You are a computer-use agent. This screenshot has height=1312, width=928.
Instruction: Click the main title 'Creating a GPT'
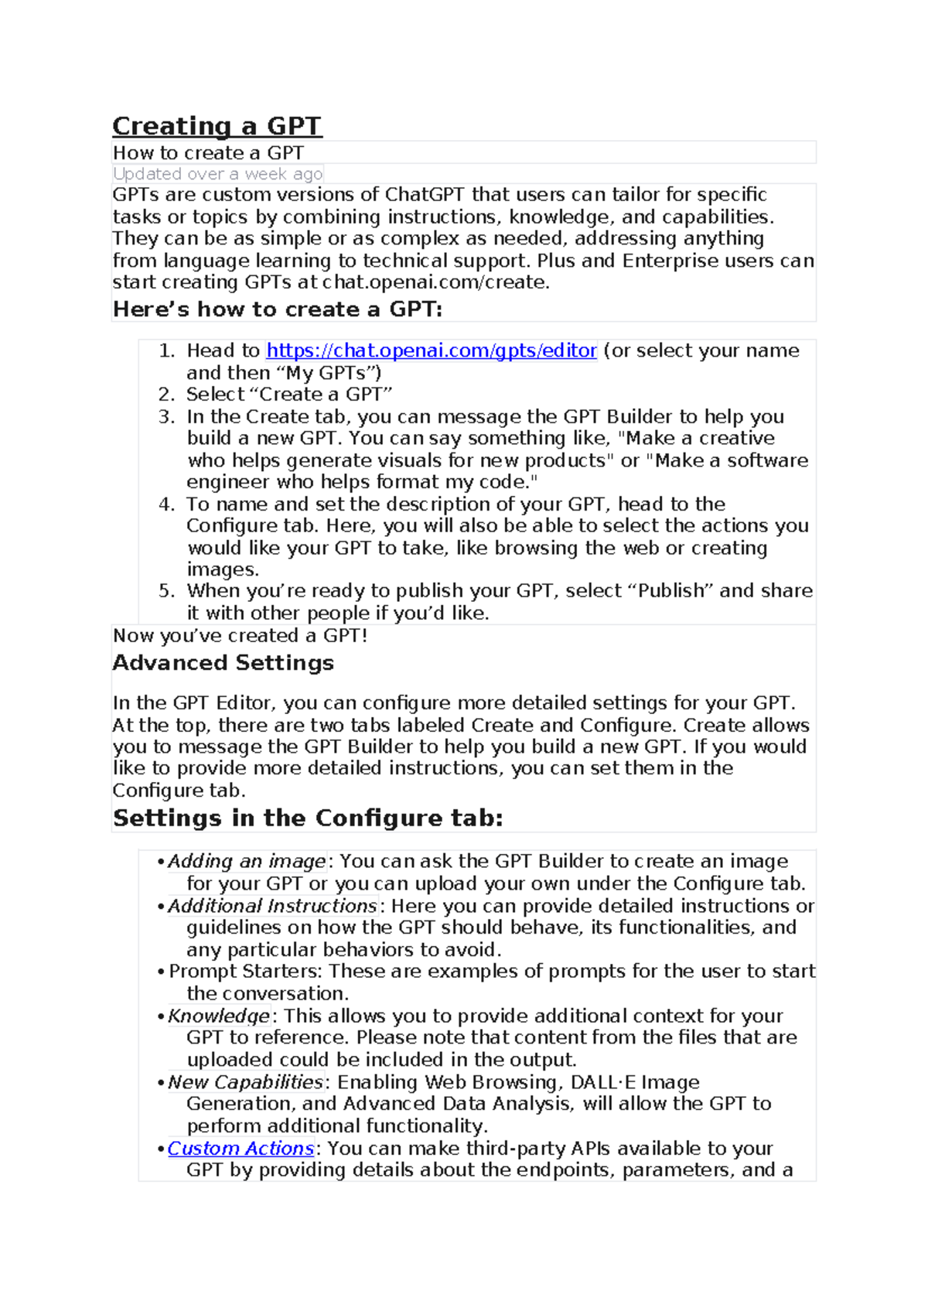point(217,126)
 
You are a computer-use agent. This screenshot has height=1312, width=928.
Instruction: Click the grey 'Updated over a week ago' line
point(217,174)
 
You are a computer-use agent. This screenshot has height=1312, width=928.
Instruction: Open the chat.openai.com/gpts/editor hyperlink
point(431,350)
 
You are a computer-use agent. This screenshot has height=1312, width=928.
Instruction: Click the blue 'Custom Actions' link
point(241,1148)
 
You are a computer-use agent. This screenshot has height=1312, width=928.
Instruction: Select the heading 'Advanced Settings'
point(223,663)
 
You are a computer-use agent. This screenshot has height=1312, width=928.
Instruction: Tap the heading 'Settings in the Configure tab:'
point(307,818)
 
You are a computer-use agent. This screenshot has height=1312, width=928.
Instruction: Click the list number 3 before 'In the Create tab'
point(166,417)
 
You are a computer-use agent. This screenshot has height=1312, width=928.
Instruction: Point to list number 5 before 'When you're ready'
point(166,591)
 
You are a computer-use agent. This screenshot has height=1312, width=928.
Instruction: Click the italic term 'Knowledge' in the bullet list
point(219,1016)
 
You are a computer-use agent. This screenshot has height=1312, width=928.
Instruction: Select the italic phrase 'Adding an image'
point(247,861)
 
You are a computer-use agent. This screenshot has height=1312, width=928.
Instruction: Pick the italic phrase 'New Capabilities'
point(245,1081)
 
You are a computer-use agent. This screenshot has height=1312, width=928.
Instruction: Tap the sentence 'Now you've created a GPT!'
point(240,636)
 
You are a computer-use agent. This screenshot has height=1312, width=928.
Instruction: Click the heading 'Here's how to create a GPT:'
point(277,309)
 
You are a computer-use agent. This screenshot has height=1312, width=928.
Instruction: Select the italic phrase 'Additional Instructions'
point(272,906)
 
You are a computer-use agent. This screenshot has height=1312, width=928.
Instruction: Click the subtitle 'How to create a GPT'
point(208,153)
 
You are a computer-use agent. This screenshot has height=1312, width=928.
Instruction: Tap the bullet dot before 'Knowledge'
point(161,1016)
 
